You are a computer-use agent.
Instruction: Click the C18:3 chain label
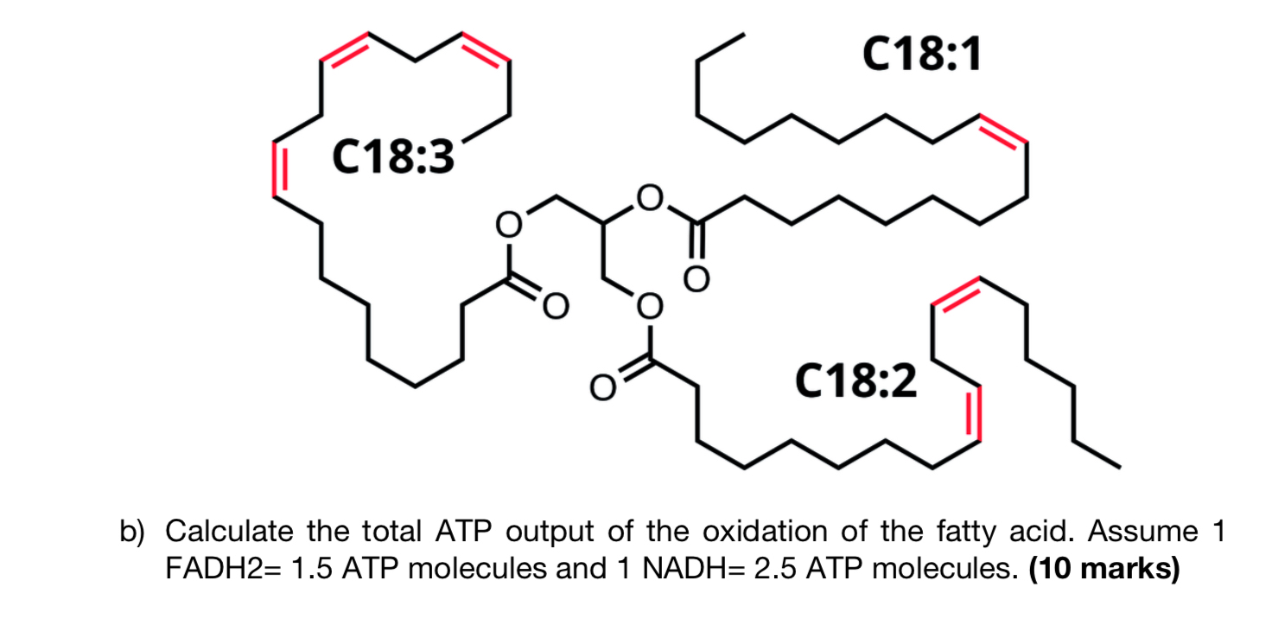click(392, 158)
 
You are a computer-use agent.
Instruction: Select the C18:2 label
click(857, 381)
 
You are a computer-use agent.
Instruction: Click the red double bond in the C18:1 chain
click(1002, 130)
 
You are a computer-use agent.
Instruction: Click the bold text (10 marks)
click(1104, 570)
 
